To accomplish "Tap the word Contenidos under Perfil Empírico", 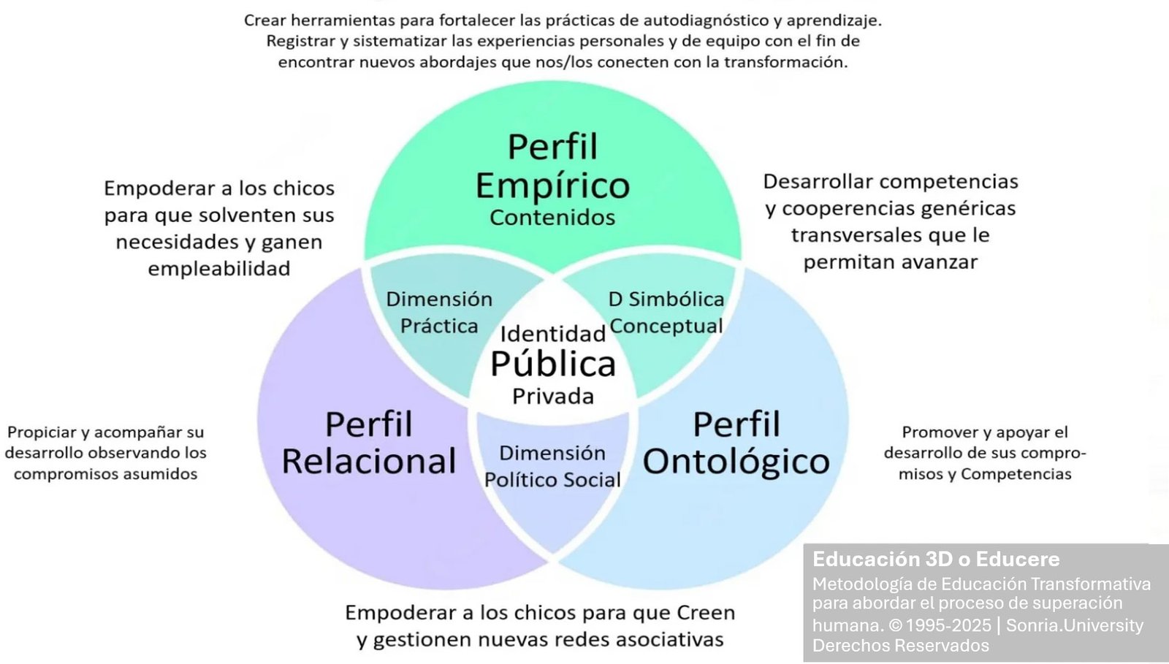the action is pyautogui.click(x=552, y=218).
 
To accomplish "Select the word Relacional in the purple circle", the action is pyautogui.click(x=369, y=461).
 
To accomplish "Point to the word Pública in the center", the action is pyautogui.click(x=553, y=364).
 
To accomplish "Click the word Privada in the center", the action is pyautogui.click(x=553, y=397).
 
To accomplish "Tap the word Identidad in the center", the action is pyautogui.click(x=553, y=334).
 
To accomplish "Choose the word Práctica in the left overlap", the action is pyautogui.click(x=439, y=326).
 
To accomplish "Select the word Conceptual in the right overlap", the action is pyautogui.click(x=666, y=327).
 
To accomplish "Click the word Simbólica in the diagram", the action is pyautogui.click(x=677, y=299).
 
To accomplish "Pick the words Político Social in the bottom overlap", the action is pyautogui.click(x=552, y=480).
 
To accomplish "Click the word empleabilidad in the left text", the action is pyautogui.click(x=219, y=269).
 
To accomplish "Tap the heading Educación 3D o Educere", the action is pyautogui.click(x=936, y=559).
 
